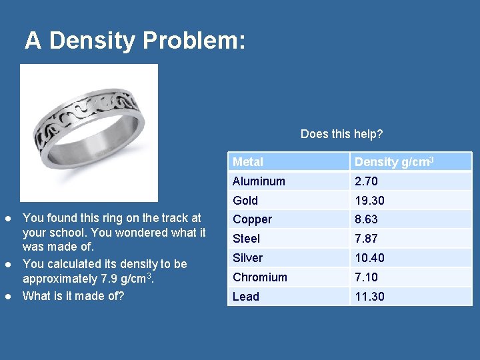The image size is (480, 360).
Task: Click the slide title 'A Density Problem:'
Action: [x=135, y=41]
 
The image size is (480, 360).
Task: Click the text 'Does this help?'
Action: [x=341, y=134]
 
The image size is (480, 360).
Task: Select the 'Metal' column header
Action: [x=248, y=162]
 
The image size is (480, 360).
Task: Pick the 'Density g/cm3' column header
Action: [x=394, y=162]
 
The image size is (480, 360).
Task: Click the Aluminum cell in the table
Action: [x=259, y=181]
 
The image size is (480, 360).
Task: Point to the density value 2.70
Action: [x=367, y=181]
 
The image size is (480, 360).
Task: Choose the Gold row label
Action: [x=245, y=201]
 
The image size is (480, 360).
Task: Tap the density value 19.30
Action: [x=369, y=201]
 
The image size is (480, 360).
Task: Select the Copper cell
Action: [x=252, y=219]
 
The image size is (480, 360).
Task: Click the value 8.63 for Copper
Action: [x=367, y=219]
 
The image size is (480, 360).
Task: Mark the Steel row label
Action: [x=246, y=239]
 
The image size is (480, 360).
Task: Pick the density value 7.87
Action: [x=367, y=239]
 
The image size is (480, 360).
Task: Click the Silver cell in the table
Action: [x=247, y=258]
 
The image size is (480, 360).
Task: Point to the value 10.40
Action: [x=369, y=258]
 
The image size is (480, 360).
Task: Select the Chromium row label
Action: [x=260, y=277]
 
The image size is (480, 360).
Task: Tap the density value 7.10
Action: [x=367, y=277]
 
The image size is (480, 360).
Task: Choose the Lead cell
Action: [x=245, y=297]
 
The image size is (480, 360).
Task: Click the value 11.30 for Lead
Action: [x=369, y=297]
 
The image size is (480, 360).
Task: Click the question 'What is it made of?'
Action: [x=73, y=295]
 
